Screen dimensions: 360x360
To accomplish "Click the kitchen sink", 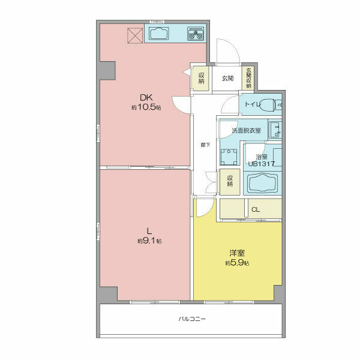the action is [x=158, y=34].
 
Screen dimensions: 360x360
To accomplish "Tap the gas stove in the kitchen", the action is [x=196, y=34].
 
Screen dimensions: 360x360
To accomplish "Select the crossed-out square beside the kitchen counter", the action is [x=135, y=35].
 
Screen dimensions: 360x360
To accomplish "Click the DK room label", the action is [x=146, y=98].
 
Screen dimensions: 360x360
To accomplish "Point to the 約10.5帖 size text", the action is [x=146, y=107].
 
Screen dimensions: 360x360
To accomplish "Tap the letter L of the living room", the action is [x=149, y=230].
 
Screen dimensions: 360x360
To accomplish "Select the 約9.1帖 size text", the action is [x=149, y=241].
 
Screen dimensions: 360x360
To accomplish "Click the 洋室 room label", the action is [x=237, y=253].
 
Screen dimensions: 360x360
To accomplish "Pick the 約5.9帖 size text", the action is [x=237, y=263].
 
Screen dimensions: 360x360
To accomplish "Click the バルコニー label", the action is [x=192, y=319].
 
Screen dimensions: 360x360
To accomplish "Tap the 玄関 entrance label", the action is [x=227, y=78].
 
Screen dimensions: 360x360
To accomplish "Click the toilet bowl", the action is [x=268, y=105].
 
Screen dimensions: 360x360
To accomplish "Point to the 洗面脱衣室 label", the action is [x=247, y=131].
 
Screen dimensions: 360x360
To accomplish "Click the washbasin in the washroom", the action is [x=275, y=129].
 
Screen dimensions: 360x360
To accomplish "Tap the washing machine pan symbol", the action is [x=229, y=157].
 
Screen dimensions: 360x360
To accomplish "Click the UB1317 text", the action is [x=262, y=164].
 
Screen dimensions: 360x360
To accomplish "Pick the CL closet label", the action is [x=256, y=209].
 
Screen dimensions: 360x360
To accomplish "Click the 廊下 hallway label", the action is [x=205, y=145].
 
